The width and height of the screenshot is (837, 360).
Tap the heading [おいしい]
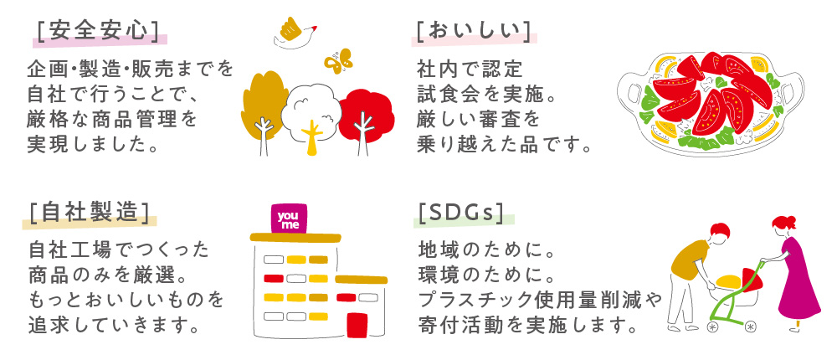click(474, 31)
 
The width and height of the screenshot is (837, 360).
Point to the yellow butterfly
click(338, 60)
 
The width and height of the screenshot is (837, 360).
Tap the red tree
click(366, 115)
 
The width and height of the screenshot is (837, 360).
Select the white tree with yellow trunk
click(311, 115)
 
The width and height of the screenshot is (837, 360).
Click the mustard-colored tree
click(264, 107)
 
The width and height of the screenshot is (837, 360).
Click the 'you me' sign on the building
click(290, 219)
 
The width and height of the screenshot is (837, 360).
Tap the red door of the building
click(357, 326)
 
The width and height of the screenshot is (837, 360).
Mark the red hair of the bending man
click(720, 230)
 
